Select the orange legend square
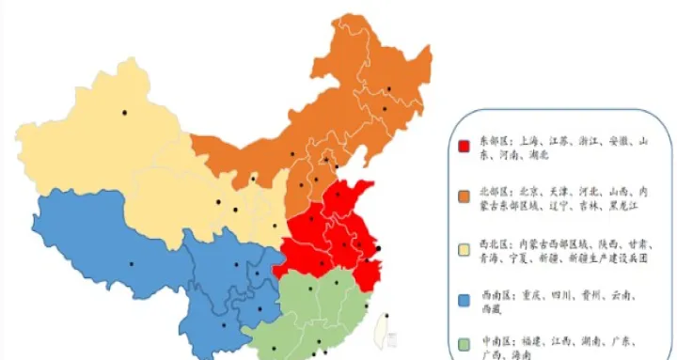click(464, 196)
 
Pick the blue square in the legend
click(464, 300)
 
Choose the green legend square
click(464, 344)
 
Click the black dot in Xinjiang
click(124, 114)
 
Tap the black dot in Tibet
click(132, 263)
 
